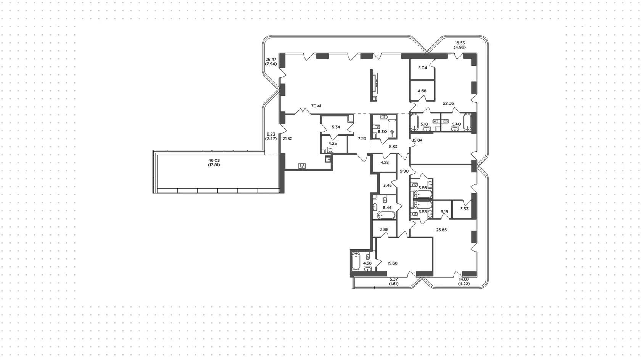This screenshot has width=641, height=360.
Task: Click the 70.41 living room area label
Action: click(316, 106)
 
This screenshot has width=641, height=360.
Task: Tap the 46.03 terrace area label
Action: click(214, 161)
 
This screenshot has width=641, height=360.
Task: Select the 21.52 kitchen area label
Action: click(288, 139)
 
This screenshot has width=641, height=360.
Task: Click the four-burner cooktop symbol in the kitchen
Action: click(302, 166)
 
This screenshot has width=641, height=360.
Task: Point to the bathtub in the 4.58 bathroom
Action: click(356, 261)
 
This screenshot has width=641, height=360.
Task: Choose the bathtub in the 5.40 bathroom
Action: click(467, 122)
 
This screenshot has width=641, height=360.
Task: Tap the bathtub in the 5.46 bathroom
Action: click(386, 215)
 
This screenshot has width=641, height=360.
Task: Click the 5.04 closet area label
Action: click(423, 68)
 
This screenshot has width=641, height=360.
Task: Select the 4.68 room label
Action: click(422, 91)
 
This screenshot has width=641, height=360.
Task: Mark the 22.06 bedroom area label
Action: click(448, 103)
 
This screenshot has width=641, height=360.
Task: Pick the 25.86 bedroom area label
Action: click(441, 230)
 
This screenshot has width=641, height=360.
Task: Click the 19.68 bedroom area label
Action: click(392, 263)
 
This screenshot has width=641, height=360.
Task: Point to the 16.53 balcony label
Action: click(460, 43)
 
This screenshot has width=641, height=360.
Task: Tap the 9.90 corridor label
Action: click(404, 171)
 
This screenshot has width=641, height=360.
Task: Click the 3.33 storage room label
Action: click(464, 209)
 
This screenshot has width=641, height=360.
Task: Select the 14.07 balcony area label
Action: click(464, 279)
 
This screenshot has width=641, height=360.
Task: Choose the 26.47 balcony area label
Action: click(271, 60)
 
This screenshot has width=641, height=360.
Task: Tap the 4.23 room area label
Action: click(385, 163)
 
